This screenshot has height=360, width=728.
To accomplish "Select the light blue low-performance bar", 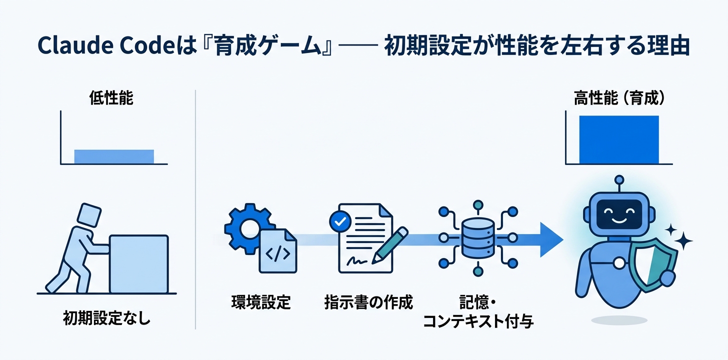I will pos(114,156).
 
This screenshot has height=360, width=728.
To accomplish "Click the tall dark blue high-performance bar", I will pos(619,140).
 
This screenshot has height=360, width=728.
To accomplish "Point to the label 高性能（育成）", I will pos(619,99).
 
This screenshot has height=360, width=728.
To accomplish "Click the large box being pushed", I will pos(138,263).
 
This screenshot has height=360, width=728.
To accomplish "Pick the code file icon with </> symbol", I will pos(277,251).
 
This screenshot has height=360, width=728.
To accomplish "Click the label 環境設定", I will pos(260,302).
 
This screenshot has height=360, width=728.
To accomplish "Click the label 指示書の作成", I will pos(368,302).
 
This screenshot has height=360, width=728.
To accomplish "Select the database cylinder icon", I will pos(478,238).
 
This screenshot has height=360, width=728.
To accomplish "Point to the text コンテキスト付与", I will pos(478,321).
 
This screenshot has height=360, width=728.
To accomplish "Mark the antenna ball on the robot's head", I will pos(619,178).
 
